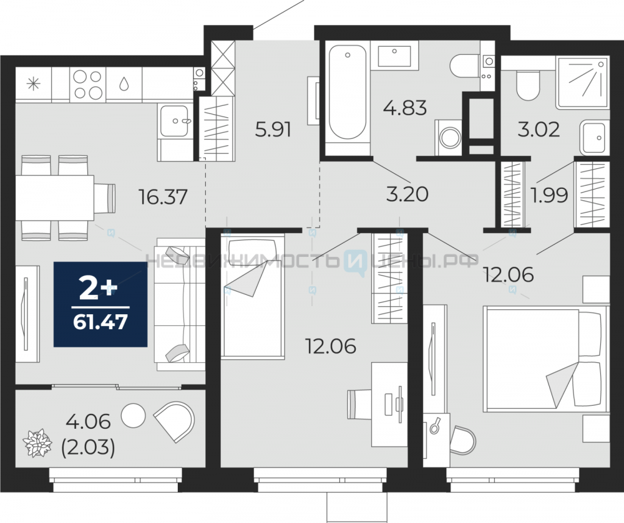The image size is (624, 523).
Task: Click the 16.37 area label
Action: tap(163, 197)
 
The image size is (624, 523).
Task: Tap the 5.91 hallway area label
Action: tap(273, 130)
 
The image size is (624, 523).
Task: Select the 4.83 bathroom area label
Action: tap(405, 108)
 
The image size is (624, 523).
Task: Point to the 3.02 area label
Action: tap(539, 129)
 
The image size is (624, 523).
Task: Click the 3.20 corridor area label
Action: tap(407, 194)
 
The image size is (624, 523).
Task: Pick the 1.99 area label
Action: tap(549, 195)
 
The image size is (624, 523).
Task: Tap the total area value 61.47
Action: tap(100, 322)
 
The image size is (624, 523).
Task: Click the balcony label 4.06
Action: tap(89, 421)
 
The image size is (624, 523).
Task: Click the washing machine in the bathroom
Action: tap(449, 138)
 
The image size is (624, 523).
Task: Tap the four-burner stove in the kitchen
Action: tap(88, 84)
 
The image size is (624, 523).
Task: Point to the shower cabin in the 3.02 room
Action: tap(583, 82)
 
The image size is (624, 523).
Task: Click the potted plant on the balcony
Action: tap(37, 443)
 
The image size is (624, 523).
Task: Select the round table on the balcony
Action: tap(134, 415)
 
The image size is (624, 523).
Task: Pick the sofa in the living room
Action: tap(180, 304)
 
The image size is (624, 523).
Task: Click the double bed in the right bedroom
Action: tap(546, 359)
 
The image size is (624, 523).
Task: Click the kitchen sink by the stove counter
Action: tap(174, 120)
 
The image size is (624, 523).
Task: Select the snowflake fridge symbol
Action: tap(34, 84)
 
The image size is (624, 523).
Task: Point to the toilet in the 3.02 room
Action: tap(528, 85)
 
